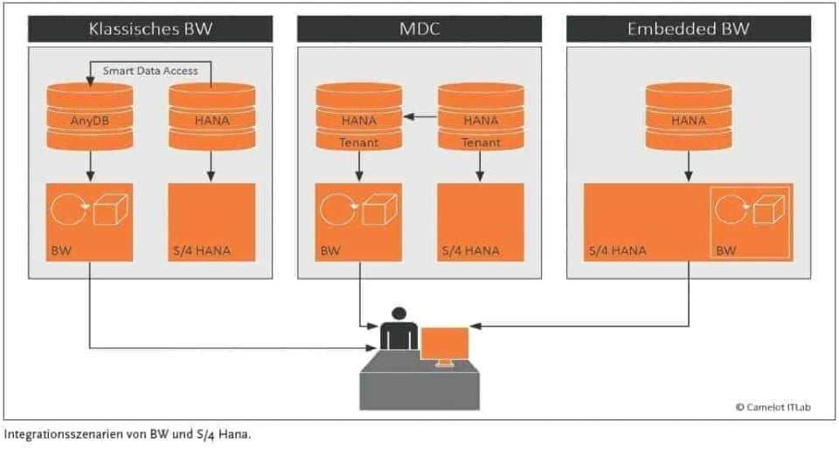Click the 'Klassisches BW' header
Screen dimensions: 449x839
[x=150, y=29]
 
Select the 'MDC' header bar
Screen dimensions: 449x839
[x=419, y=29]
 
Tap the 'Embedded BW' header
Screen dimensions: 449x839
[x=688, y=29]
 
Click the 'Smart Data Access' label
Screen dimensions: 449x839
[x=150, y=70]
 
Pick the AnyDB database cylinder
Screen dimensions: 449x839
[x=90, y=116]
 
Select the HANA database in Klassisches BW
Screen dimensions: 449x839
[x=211, y=116]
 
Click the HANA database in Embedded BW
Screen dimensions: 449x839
[x=689, y=116]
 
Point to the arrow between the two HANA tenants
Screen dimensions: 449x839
[x=419, y=116]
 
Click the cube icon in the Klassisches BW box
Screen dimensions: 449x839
[x=112, y=209]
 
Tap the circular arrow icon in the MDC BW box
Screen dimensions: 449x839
[x=335, y=209]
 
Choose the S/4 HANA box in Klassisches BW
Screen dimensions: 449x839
[x=211, y=221]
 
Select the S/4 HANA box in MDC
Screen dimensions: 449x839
[x=480, y=221]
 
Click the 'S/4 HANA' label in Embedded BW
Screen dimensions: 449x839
[x=617, y=250]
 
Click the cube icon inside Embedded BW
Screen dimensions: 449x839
[x=769, y=209]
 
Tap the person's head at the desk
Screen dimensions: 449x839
[x=399, y=313]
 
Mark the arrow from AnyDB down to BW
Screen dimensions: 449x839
[x=90, y=165]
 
